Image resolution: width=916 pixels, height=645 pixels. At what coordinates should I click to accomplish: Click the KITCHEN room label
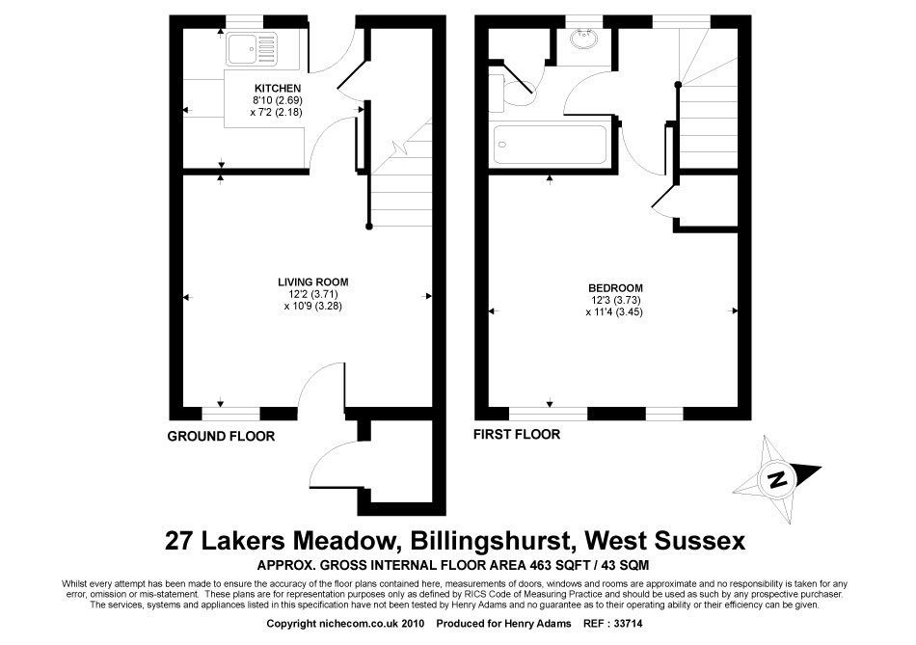(278, 89)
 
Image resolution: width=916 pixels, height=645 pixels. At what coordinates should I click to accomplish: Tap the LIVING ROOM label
(313, 282)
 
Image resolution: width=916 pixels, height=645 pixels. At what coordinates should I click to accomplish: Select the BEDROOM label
(615, 288)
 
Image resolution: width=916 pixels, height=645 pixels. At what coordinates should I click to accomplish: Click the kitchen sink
(254, 48)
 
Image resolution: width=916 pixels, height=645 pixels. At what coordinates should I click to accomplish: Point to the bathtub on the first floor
(551, 145)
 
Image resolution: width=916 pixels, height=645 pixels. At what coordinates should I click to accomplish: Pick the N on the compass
(777, 480)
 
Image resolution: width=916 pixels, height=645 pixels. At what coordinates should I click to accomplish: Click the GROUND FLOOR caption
(221, 437)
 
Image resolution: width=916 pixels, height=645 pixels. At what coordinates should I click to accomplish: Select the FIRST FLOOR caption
(517, 435)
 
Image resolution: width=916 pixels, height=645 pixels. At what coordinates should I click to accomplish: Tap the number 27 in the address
(178, 541)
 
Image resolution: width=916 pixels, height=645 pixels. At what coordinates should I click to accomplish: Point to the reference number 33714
(628, 624)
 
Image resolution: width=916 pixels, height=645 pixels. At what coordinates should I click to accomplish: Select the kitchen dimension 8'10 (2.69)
(278, 100)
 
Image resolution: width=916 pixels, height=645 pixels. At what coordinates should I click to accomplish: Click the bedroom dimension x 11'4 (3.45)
(614, 312)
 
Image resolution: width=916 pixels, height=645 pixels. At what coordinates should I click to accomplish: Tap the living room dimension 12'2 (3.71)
(312, 294)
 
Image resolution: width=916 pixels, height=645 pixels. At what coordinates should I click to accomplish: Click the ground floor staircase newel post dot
(368, 227)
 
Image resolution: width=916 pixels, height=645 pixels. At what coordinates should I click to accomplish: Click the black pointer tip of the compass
(821, 468)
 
